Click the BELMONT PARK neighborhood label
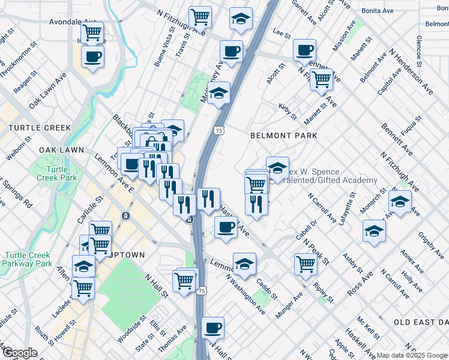[x=283, y=136]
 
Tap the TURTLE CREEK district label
[x=40, y=128]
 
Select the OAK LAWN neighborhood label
[x=60, y=149]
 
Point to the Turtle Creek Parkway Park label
[x=28, y=259]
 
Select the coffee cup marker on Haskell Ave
[x=226, y=227]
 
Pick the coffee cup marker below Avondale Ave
[x=92, y=57]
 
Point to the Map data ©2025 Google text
[x=412, y=355]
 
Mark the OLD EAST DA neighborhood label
[x=421, y=322]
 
